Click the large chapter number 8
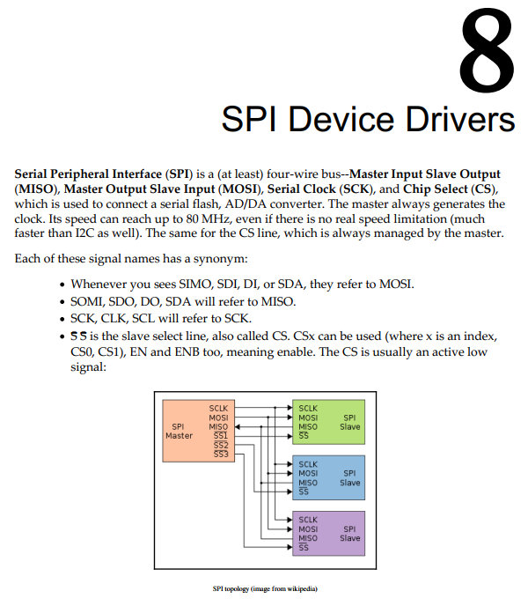coord(487,50)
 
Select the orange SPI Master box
coord(199,431)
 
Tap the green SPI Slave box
coord(329,422)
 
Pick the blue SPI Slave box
coord(329,477)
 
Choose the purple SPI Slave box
coord(329,534)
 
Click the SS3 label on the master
coord(221,454)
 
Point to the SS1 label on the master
coord(221,435)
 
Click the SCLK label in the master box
coord(218,409)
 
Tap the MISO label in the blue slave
coord(308,483)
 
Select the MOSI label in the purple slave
coord(308,529)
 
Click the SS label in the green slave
coord(304,435)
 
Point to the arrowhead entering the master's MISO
coord(238,427)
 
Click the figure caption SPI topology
coord(265,589)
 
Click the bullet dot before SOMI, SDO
coord(62,302)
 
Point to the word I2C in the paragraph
coord(84,233)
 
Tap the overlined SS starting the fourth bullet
coord(79,336)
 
